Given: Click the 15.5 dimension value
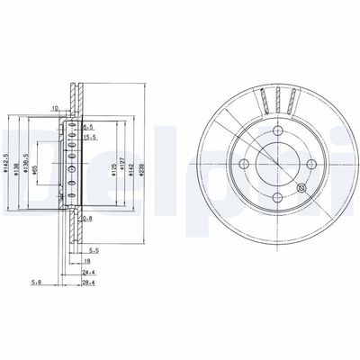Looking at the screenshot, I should (x=89, y=137).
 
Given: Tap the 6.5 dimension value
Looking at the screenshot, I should (x=89, y=129).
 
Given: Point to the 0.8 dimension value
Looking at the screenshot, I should (x=87, y=218).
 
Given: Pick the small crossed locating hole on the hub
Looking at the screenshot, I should (x=301, y=189).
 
